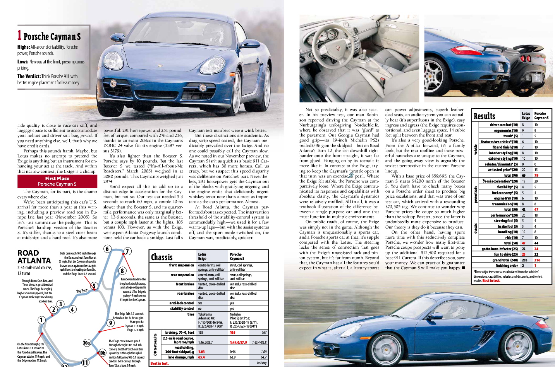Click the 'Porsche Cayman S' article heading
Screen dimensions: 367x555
point(52,37)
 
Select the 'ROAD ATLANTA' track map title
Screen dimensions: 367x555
point(34,257)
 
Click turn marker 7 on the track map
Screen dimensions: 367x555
point(127,251)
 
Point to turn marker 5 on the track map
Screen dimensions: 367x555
point(93,286)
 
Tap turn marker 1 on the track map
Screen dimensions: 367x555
point(41,320)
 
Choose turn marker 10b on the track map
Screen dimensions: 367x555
point(102,353)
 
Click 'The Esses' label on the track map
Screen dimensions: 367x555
point(82,291)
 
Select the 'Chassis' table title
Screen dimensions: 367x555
point(162,257)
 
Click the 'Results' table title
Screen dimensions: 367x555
point(484,116)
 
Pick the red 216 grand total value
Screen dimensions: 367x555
point(537,260)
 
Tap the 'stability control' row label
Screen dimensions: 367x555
point(182,309)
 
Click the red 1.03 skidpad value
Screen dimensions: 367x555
point(201,352)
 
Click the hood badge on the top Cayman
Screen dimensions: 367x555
point(113,83)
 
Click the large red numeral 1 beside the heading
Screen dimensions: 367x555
point(19,35)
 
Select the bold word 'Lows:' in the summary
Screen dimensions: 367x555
point(23,61)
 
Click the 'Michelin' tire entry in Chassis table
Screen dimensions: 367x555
point(235,314)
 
